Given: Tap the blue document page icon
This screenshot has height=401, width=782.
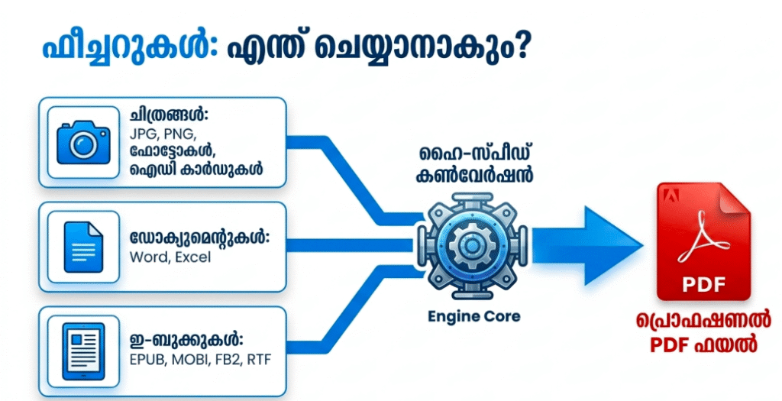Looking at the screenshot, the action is [83, 247].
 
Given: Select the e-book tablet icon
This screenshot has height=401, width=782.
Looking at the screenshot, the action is [83, 351].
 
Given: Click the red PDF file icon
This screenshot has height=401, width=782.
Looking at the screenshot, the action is [703, 241].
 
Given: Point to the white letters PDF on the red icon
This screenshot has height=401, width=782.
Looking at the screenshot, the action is [703, 284].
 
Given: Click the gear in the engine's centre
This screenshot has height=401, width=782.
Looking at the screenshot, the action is [470, 245].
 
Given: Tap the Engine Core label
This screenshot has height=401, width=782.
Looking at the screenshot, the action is [474, 316].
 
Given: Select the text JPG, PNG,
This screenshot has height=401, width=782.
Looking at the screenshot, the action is [163, 134].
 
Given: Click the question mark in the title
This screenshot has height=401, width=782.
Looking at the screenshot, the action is [519, 49].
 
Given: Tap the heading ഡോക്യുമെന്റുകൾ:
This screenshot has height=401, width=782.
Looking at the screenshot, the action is [199, 238].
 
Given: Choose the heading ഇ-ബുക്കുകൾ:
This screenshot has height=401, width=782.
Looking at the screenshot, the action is [186, 341].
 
